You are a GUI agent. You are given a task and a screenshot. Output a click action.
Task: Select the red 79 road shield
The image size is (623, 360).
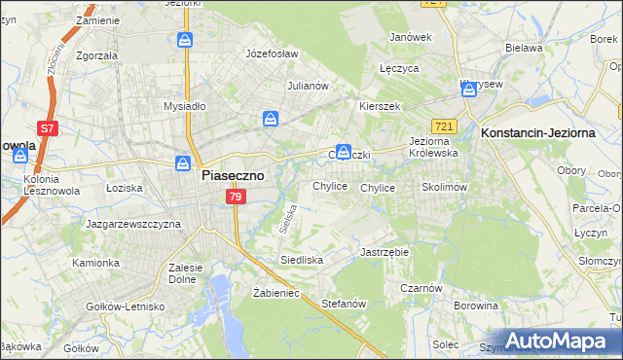235,198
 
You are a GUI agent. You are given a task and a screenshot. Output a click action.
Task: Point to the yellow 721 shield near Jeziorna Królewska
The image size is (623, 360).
445,126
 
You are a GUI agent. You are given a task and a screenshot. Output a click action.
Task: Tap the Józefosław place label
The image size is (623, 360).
272,54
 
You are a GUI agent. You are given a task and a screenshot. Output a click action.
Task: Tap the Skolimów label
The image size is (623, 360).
445,187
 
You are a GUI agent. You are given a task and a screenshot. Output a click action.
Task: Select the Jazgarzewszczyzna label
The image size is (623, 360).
133,224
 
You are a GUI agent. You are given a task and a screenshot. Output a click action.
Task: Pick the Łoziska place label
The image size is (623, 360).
124,187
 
